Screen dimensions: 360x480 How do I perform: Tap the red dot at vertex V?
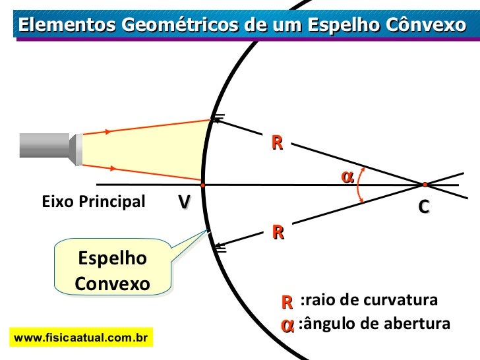coord(203,185)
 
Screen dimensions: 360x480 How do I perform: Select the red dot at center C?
coord(425,185)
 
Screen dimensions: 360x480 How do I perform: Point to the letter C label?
coord(424,206)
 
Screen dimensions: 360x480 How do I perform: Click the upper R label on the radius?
coord(277,143)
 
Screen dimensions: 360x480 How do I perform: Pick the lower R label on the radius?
coord(278,232)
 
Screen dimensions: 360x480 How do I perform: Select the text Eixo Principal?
coord(93,202)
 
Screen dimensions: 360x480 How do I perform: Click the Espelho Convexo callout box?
coord(112,270)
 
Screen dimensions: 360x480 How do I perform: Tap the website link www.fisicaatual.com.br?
coord(80,338)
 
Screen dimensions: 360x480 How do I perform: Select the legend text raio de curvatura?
coord(368,301)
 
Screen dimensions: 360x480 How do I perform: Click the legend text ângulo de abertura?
coord(374,324)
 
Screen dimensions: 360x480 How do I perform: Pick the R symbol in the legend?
coord(287,302)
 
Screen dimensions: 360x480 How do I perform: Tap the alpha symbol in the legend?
coord(287,325)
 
